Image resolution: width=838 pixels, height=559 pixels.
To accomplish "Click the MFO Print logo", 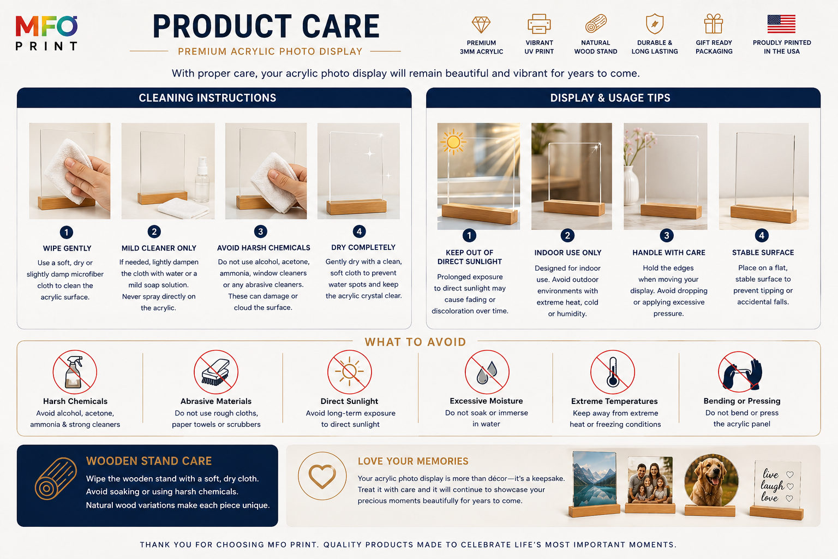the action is click(46, 33).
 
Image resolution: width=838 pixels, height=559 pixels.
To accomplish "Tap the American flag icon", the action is click(781, 24).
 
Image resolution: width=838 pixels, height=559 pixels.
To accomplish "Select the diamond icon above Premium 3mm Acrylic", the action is click(481, 25).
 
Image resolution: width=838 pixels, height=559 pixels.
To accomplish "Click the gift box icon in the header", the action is click(714, 23).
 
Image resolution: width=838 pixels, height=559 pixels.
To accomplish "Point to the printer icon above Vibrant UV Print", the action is click(538, 23).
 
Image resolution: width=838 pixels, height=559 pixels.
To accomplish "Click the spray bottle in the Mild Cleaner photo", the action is click(202, 180).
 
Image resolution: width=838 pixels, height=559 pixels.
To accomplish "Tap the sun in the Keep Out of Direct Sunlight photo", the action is click(453, 142).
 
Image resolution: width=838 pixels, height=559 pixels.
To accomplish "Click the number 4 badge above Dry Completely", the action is click(359, 231).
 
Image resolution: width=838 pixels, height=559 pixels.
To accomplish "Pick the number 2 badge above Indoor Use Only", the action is click(567, 235).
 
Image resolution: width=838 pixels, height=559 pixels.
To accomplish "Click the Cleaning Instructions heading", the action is click(207, 98).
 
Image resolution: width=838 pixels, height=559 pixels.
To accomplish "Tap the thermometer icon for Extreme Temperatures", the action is click(613, 372).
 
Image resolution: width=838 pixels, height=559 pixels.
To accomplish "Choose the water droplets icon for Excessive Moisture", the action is click(486, 372).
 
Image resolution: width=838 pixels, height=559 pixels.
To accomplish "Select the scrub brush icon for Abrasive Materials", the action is click(216, 372).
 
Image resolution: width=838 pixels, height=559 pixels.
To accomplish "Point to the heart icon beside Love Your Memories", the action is click(322, 476).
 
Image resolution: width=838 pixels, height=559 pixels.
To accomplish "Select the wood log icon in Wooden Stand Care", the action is click(56, 479).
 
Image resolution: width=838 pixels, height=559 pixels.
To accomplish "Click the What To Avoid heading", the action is click(415, 342).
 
